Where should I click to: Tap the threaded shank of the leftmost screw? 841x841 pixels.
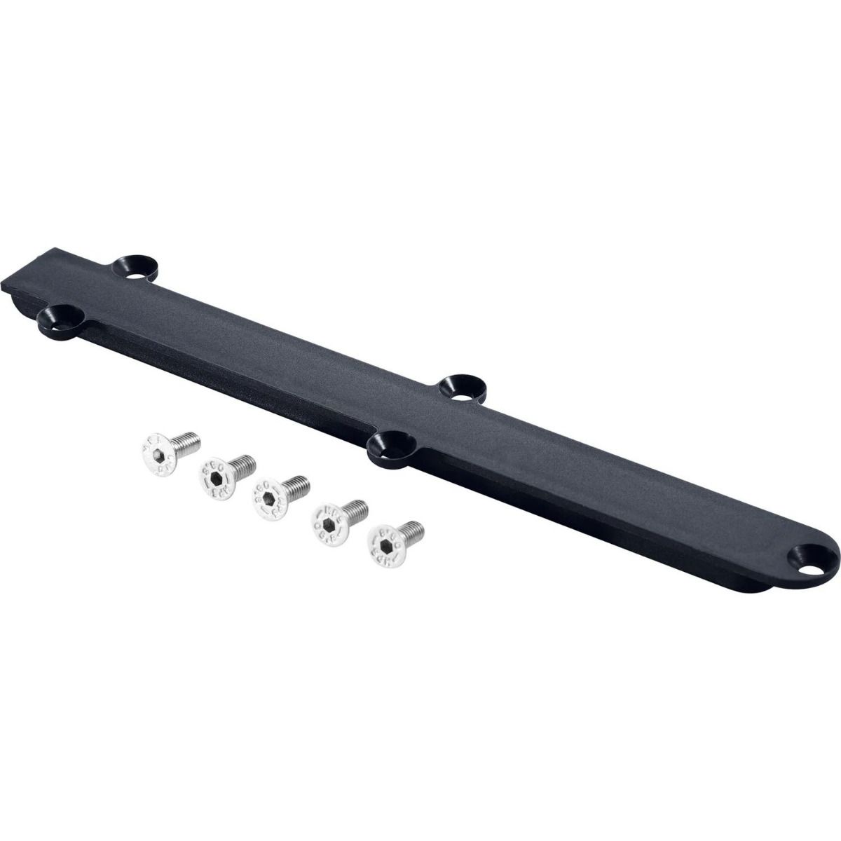(186, 442)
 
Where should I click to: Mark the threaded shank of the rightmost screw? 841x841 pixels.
(410, 529)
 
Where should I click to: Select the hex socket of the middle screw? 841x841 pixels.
(268, 499)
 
